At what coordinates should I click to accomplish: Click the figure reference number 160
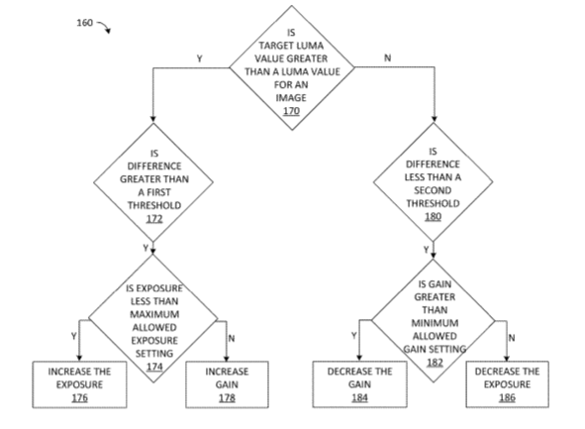85,23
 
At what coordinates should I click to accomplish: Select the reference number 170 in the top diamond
291,111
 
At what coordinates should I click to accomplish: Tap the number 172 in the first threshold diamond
154,218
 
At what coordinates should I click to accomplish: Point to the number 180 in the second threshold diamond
434,217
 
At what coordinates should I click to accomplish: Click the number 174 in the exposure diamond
154,367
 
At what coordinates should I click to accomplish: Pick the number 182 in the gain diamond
435,363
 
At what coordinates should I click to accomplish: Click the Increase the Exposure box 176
79,384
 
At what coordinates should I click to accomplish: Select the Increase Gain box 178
227,384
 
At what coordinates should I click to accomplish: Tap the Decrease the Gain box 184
359,384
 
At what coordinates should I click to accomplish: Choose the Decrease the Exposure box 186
508,384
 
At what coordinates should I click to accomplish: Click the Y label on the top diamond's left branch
200,58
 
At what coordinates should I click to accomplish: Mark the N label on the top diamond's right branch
388,57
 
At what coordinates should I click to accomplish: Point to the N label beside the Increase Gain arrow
232,338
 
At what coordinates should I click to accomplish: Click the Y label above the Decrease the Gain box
354,336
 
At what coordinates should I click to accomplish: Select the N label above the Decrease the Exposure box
512,338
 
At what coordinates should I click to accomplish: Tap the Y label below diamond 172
146,248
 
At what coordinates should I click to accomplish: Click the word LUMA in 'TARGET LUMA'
311,46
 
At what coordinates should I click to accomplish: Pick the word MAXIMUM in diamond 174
154,314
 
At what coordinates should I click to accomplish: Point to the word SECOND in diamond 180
433,190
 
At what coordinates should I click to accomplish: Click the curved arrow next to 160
105,26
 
